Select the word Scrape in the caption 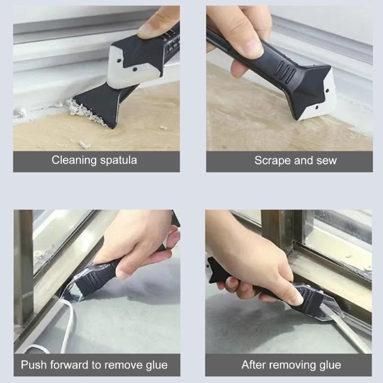[x=271, y=160]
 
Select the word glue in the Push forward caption [x=154, y=365]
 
